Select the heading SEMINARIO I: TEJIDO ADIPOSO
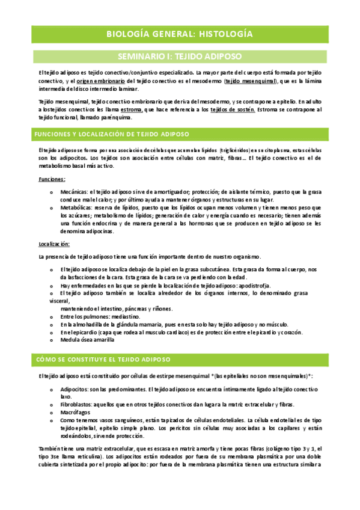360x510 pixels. click(x=180, y=57)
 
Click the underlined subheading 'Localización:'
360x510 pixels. click(x=54, y=244)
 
